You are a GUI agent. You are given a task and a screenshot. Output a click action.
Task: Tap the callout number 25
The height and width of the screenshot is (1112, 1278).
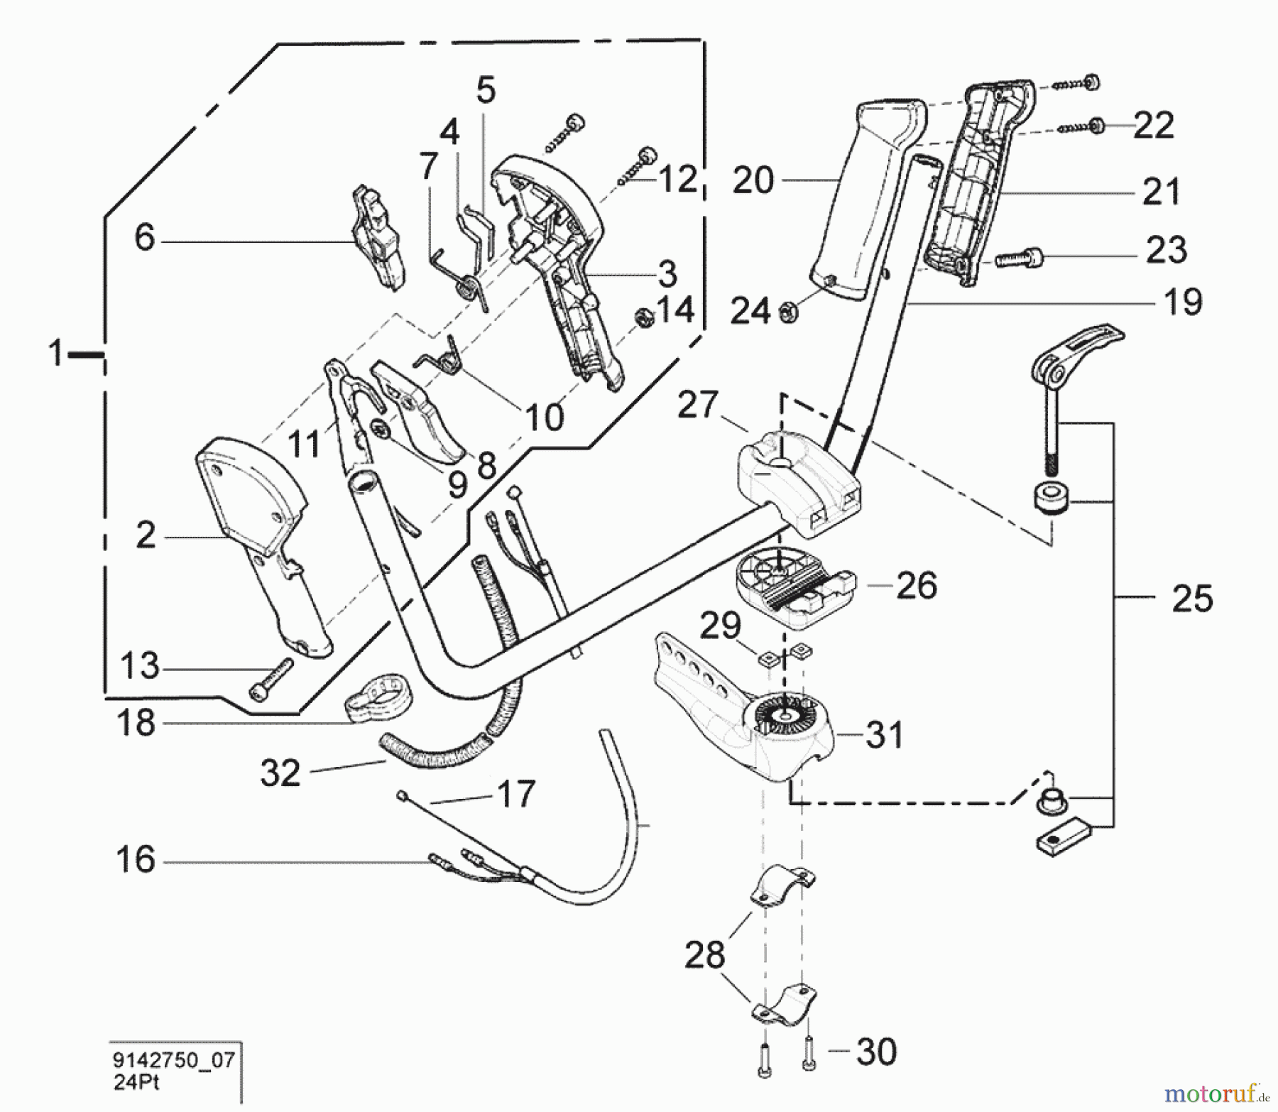tap(1192, 598)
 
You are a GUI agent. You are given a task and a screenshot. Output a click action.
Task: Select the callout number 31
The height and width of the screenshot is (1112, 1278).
tap(884, 734)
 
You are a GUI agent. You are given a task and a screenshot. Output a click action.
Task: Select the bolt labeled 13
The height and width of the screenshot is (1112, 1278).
tap(271, 678)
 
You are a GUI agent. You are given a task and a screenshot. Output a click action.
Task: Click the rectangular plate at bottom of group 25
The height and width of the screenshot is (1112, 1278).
tap(1060, 843)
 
